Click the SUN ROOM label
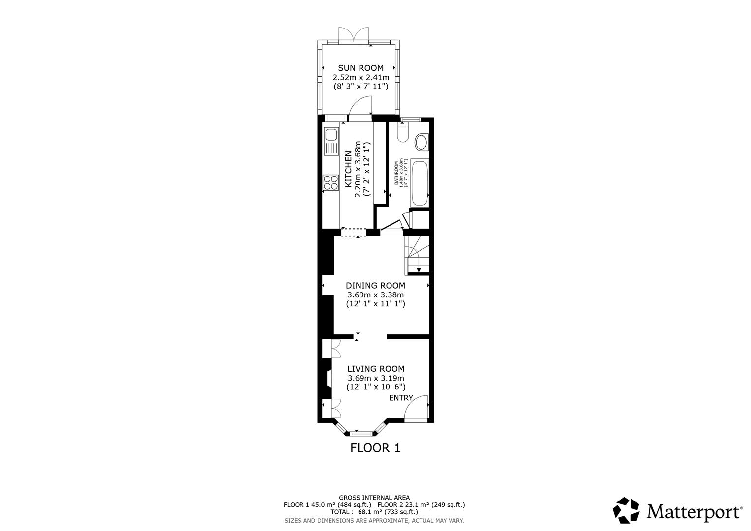click(x=360, y=68)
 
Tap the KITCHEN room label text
click(x=348, y=169)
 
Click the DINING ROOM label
click(x=375, y=286)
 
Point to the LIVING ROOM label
click(x=376, y=369)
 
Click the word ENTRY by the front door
click(x=401, y=398)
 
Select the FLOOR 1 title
click(x=375, y=448)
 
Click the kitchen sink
click(x=330, y=134)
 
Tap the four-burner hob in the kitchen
click(x=330, y=182)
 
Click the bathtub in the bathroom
click(x=420, y=182)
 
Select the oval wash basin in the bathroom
click(x=421, y=143)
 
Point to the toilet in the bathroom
click(x=402, y=132)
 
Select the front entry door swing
click(x=415, y=408)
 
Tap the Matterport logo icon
click(x=626, y=510)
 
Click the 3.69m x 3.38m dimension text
click(x=375, y=295)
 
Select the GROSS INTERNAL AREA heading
click(x=374, y=498)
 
